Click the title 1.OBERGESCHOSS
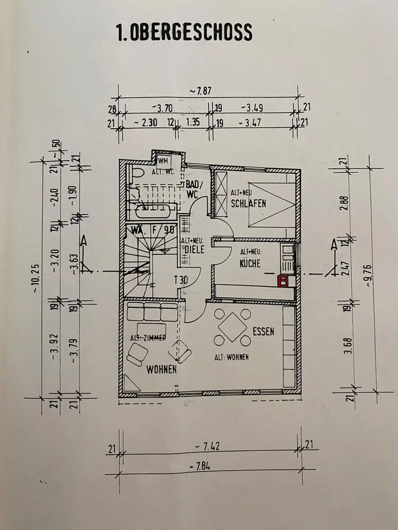184,33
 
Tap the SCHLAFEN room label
248,204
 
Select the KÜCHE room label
250,263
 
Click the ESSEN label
263,332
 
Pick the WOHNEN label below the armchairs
161,370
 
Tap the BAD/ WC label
192,189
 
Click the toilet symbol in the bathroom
135,173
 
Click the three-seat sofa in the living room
152,312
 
